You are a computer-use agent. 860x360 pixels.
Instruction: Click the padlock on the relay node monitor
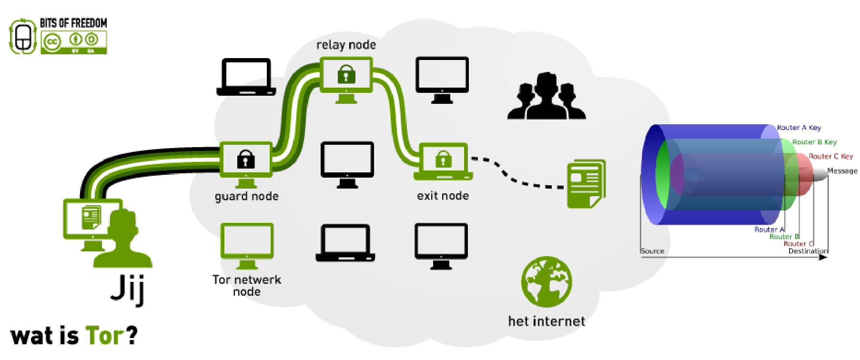pos(346,74)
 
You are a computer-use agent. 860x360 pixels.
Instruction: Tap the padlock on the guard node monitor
pos(246,159)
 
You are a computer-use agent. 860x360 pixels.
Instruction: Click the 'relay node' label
pos(346,45)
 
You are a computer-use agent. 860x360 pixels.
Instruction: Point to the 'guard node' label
pos(246,196)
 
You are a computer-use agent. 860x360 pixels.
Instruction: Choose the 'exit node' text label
pos(443,196)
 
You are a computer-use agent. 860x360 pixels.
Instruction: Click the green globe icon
pos(546,282)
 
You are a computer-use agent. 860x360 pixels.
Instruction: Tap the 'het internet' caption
pos(546,321)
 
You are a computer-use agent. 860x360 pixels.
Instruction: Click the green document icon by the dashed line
pos(586,184)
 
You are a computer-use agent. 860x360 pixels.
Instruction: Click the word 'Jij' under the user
pos(127,289)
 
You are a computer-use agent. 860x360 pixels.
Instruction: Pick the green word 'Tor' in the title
pos(104,335)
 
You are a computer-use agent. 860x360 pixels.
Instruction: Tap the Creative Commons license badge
pos(74,42)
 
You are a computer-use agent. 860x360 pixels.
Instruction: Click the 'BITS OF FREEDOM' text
pos(73,23)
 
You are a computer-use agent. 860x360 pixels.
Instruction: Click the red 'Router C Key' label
pos(830,156)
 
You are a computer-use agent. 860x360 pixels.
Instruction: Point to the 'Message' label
pos(842,171)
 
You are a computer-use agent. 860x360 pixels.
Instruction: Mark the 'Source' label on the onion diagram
pos(652,251)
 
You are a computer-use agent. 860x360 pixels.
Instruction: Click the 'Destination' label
pos(808,251)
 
